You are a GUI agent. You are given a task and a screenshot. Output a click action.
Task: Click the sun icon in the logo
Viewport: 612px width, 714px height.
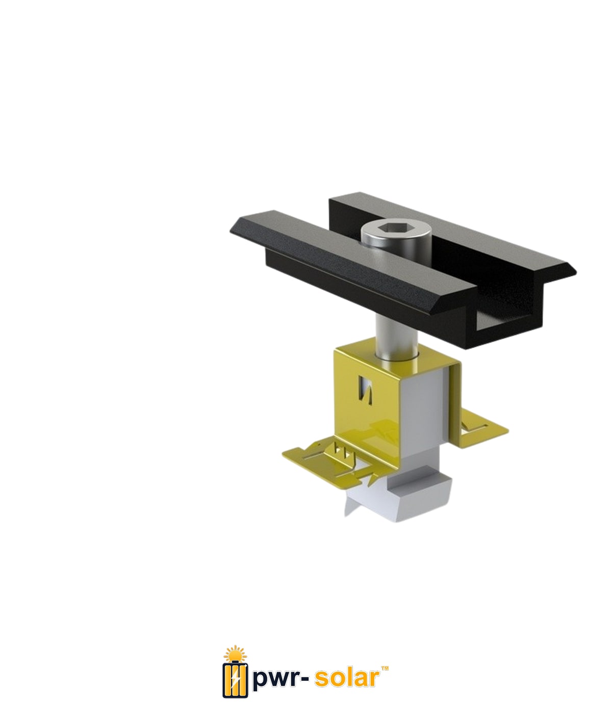click(235, 653)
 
